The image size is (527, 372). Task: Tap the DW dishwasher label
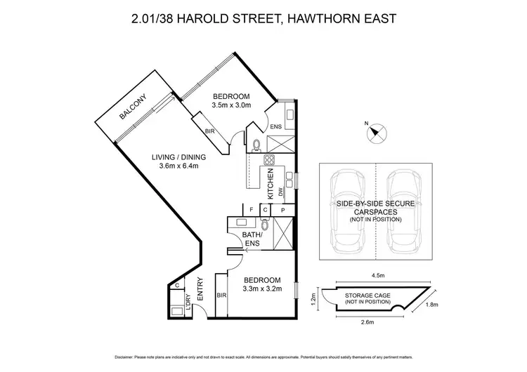(280, 191)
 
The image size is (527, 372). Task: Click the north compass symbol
(375, 131)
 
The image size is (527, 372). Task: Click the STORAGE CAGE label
(365, 298)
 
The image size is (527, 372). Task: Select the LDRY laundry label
(188, 303)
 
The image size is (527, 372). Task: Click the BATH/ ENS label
(252, 239)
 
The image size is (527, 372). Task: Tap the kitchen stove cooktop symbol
(268, 161)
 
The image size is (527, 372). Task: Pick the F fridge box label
(251, 209)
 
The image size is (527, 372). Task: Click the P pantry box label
(282, 209)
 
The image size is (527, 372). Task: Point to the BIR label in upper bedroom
(210, 131)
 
